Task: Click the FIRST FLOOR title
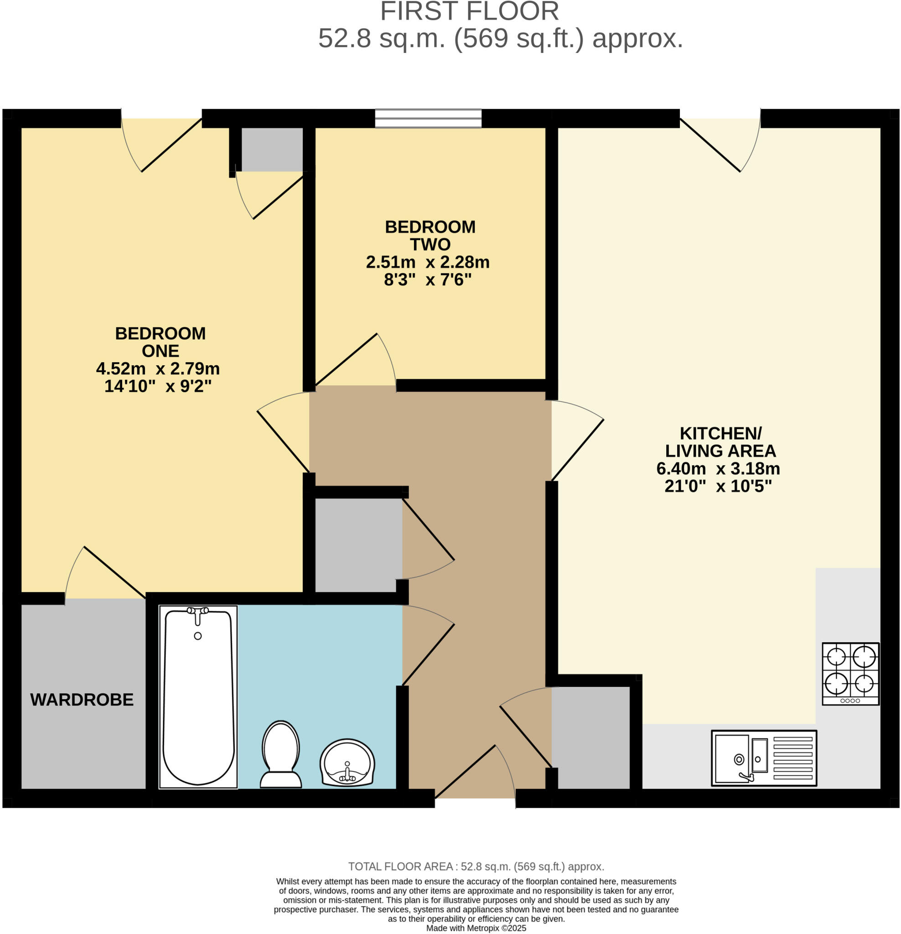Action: [469, 11]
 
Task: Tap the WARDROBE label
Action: [82, 700]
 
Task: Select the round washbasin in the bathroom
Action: [347, 763]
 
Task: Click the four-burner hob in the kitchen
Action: [850, 673]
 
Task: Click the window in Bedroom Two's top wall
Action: [428, 118]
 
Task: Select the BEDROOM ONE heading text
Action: [160, 342]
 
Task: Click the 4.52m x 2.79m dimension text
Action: [158, 368]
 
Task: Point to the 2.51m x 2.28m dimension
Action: [427, 262]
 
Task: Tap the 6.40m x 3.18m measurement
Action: [718, 468]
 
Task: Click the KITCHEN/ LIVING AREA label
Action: [720, 442]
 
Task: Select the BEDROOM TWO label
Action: [430, 235]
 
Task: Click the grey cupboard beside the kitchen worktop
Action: [591, 737]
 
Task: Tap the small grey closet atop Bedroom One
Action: [272, 149]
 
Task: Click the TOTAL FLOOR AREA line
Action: [476, 867]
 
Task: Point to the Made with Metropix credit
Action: [476, 928]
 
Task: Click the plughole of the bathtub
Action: [198, 636]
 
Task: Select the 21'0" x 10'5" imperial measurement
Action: [718, 486]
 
